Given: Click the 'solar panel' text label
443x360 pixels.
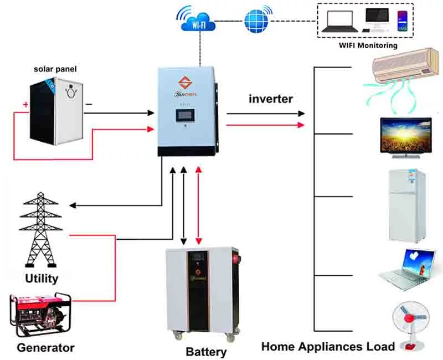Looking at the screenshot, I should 55,69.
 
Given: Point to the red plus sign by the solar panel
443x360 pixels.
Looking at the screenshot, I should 25,104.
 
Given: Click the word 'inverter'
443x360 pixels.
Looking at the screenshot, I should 271,99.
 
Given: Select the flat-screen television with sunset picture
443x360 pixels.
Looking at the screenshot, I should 405,134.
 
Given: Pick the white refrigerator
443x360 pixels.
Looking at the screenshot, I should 406,205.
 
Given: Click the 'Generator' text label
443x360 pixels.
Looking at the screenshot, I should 45,348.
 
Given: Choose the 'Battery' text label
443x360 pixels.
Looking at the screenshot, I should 206,352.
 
